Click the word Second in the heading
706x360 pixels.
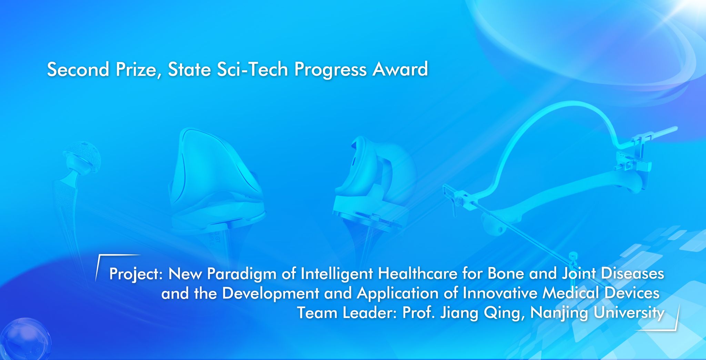coord(78,69)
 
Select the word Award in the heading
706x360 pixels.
coord(400,69)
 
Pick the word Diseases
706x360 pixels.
coord(633,274)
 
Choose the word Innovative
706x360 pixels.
coord(500,294)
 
